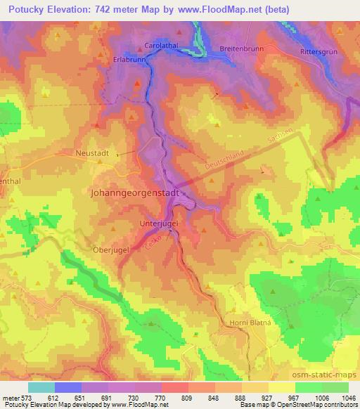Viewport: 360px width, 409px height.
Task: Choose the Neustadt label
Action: pos(92,151)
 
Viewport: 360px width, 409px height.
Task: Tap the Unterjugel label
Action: pos(159,224)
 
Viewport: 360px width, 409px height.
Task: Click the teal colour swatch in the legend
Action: pos(41,387)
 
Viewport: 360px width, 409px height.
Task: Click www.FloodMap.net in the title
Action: pos(217,9)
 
